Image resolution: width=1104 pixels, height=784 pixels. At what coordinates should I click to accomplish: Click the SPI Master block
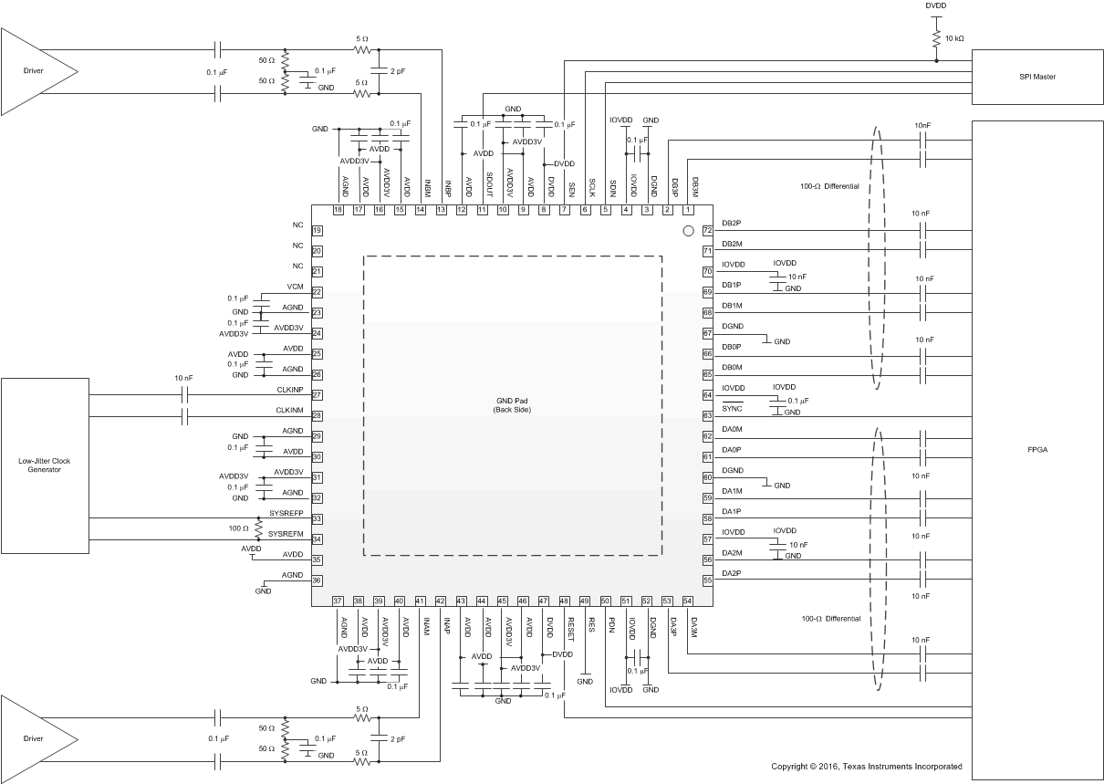1037,77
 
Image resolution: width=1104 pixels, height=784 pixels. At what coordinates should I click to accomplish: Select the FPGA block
1037,450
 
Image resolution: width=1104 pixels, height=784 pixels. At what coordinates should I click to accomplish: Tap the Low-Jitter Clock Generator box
44,465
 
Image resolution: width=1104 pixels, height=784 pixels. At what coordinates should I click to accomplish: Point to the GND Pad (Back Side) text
512,404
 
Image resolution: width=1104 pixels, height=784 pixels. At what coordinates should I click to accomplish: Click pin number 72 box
706,230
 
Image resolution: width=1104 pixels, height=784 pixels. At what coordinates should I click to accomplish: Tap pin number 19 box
318,231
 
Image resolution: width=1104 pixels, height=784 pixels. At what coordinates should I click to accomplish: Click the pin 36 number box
318,580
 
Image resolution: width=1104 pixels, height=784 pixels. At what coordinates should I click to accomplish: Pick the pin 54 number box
688,601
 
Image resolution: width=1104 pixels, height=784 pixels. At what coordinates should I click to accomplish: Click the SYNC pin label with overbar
732,408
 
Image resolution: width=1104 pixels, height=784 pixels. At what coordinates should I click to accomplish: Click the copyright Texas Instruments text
866,767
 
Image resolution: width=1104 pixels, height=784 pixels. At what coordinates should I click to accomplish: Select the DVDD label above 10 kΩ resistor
936,5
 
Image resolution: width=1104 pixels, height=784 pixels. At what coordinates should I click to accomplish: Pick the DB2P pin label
732,223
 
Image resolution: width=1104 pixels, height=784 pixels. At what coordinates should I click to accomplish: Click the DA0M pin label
732,429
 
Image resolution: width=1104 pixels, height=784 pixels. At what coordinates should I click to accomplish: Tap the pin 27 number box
318,395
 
